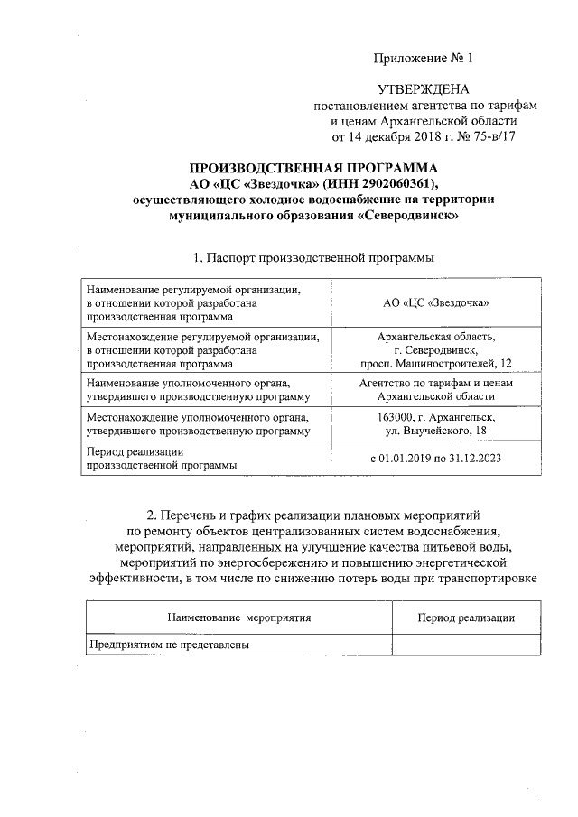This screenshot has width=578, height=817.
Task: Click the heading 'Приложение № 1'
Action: click(x=423, y=60)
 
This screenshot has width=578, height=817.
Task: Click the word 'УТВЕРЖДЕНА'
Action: click(x=423, y=90)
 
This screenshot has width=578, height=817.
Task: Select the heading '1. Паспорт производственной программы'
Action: click(x=313, y=258)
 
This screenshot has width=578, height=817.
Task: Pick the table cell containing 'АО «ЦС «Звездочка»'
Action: click(x=436, y=303)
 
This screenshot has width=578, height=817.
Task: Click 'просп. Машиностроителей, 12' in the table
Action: click(x=436, y=362)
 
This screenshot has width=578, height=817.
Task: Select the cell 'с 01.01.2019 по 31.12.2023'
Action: click(x=436, y=459)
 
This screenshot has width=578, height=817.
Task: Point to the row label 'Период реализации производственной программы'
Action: click(x=163, y=459)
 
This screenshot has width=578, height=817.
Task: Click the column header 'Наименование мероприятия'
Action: click(x=238, y=617)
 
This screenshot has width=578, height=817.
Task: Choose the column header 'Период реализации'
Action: click(x=466, y=617)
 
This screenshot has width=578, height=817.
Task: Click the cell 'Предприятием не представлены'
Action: click(x=169, y=645)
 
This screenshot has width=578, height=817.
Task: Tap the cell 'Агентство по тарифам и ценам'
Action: click(x=436, y=382)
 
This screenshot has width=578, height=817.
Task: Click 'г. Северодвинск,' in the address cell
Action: click(x=436, y=349)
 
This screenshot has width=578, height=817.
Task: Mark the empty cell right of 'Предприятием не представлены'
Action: click(x=466, y=645)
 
